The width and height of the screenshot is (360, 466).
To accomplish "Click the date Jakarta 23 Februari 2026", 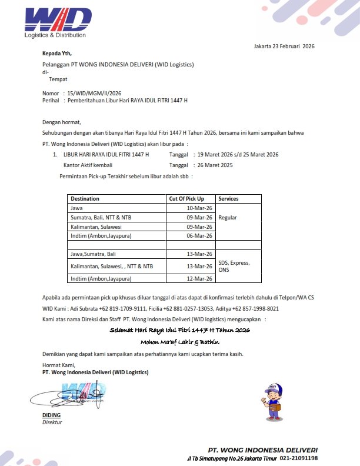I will click(x=284, y=46).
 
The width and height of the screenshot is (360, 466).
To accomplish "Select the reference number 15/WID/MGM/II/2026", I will click(x=94, y=93).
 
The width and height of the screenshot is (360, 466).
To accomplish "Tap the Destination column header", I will click(x=85, y=199).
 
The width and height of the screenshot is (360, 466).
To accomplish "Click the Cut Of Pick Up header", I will click(x=186, y=199).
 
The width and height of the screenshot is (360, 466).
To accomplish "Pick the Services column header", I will click(x=228, y=199).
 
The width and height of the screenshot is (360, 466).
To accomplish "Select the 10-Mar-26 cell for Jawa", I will click(x=199, y=208).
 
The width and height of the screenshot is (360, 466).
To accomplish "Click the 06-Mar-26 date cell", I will click(x=199, y=236).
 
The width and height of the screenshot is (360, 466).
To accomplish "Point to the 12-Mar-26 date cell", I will click(x=199, y=278).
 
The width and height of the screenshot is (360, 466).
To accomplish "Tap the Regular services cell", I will click(x=228, y=218).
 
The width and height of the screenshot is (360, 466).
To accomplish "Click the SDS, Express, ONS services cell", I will click(x=234, y=266).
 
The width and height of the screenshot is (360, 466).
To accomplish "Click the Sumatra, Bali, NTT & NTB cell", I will click(x=101, y=218).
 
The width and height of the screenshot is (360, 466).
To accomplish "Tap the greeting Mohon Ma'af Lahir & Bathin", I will click(x=179, y=342).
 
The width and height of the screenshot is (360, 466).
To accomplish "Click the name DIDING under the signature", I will click(x=51, y=415).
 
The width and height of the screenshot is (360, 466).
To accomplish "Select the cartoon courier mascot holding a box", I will click(x=272, y=400).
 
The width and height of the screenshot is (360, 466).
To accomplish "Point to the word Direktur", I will click(x=52, y=422).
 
